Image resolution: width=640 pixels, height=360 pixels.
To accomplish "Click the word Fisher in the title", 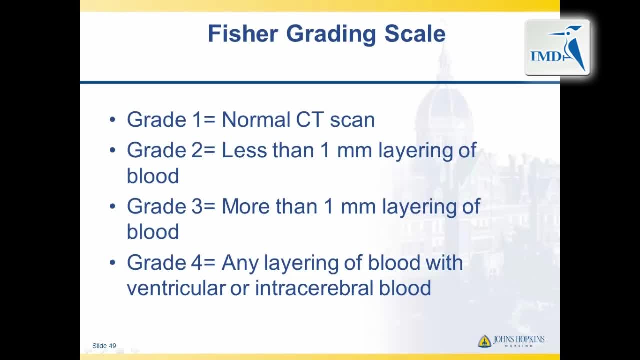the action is coord(243,33).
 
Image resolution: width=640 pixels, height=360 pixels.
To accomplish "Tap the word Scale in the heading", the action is coord(415,33).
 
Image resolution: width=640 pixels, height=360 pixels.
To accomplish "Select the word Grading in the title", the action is coord(331,35).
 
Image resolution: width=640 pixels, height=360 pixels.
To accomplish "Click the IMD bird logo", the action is coord(557,47).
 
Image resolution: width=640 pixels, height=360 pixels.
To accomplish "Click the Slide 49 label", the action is coord(104,346).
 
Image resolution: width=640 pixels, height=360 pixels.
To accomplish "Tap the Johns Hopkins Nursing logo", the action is coord(511,341).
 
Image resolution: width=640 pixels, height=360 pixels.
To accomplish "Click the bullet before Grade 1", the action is coord(113,120).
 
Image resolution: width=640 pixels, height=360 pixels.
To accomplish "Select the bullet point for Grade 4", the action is coord(113,262).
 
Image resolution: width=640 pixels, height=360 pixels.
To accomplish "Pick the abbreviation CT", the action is coord(310,119).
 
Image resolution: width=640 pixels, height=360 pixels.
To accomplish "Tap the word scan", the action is coord(352,120).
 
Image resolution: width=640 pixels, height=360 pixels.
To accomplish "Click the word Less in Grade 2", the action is coord(244,150).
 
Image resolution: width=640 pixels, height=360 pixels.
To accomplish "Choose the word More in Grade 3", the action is coord(246,206).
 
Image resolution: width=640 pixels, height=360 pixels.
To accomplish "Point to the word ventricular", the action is coord(176,288).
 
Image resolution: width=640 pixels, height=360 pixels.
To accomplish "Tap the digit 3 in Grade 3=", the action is coord(197,206).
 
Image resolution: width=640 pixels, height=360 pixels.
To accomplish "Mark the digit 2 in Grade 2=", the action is coord(197,150).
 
